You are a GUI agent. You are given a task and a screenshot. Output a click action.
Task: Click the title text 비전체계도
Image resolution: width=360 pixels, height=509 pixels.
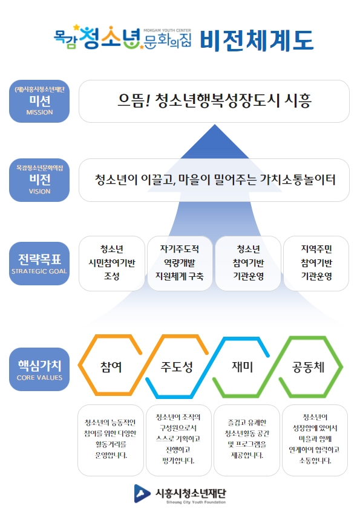click(257, 41)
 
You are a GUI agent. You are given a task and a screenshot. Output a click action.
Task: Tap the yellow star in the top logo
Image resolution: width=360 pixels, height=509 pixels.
click(77, 27)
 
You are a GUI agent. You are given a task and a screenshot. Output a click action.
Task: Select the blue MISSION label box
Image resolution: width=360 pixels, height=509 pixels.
click(39, 102)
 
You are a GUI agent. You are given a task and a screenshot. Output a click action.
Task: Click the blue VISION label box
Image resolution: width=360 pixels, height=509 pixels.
click(39, 180)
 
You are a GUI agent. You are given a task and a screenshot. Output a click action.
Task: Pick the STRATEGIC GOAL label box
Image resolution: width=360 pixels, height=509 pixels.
click(39, 264)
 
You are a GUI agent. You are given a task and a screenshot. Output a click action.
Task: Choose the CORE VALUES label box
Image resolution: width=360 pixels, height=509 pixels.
click(39, 369)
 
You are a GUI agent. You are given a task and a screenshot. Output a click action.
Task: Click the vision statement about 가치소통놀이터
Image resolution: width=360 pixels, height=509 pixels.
click(214, 180)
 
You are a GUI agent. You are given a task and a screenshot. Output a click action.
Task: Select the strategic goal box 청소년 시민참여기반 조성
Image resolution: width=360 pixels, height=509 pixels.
click(112, 263)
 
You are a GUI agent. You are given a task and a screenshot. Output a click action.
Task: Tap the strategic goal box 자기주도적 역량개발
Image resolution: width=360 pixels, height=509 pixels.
click(180, 263)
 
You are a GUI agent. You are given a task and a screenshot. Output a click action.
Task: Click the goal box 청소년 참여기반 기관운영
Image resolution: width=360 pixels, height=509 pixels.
click(248, 263)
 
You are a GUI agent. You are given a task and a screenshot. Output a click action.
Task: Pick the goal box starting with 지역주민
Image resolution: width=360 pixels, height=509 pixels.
click(316, 263)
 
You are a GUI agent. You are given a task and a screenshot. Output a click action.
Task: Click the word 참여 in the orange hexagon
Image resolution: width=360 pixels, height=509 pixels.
click(111, 367)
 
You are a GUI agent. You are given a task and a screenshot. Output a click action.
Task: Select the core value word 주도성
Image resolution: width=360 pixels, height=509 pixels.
click(177, 367)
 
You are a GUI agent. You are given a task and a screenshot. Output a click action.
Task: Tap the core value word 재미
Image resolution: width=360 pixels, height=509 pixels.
click(243, 367)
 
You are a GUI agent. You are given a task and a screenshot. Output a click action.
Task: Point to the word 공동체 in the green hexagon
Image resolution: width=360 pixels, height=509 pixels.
click(309, 367)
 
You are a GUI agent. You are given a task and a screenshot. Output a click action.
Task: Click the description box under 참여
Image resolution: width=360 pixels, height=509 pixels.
click(111, 440)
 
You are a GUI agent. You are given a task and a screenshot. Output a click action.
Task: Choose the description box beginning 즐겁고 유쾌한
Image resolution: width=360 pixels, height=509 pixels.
click(247, 440)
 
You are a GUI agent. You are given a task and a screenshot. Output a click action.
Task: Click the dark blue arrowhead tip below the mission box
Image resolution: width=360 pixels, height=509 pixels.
click(215, 125)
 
